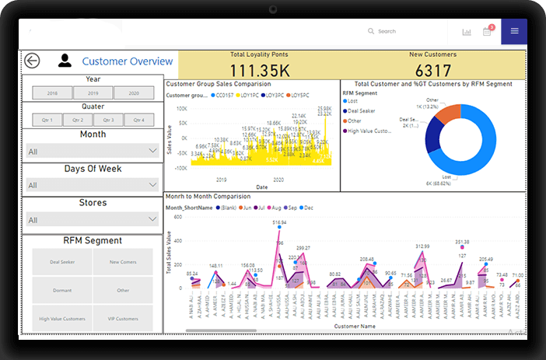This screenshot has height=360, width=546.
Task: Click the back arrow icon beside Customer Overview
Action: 32,61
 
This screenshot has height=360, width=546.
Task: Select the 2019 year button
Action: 93,93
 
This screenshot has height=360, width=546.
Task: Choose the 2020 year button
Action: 133,93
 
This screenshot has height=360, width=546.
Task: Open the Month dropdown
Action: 93,151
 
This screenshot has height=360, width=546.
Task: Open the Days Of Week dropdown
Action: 93,185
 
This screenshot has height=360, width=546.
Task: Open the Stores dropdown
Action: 93,220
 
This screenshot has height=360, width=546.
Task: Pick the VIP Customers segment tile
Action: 123,319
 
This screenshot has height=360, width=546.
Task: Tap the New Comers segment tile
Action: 123,262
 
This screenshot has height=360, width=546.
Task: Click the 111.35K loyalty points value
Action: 258,68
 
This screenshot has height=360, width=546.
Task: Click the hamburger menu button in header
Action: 514,31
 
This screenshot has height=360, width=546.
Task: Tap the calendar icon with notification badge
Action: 487,31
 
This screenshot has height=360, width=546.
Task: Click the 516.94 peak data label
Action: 279,222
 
